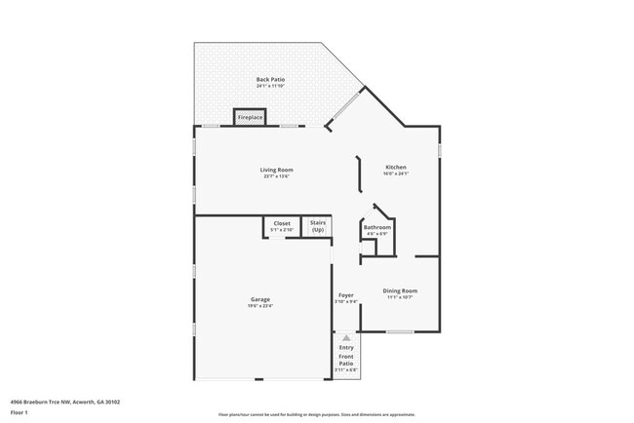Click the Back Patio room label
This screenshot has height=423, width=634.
tap(270, 79)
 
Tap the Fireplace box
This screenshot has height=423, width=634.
tap(250, 117)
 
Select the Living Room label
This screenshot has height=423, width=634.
tap(277, 170)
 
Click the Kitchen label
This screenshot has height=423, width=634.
tap(395, 168)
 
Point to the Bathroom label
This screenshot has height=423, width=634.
tap(377, 227)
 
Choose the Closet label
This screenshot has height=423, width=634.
tap(281, 223)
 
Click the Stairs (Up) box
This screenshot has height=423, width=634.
tap(317, 226)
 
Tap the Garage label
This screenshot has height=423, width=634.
tap(259, 299)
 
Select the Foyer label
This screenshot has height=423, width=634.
tap(345, 294)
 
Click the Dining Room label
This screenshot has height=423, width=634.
tap(400, 290)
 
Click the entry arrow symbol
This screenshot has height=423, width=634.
tap(345, 337)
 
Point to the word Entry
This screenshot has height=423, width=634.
tap(346, 347)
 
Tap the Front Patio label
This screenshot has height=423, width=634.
tap(346, 361)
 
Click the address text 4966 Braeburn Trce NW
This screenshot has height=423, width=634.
tap(51, 401)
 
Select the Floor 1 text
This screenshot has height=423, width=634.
tap(20, 412)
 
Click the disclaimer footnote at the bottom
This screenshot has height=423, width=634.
tap(317, 414)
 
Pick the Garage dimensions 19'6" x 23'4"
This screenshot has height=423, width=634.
tap(259, 306)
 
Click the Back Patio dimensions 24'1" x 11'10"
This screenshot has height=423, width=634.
tap(270, 86)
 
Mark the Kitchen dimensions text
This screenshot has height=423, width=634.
tap(395, 174)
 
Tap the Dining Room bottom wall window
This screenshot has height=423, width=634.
tap(400, 332)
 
